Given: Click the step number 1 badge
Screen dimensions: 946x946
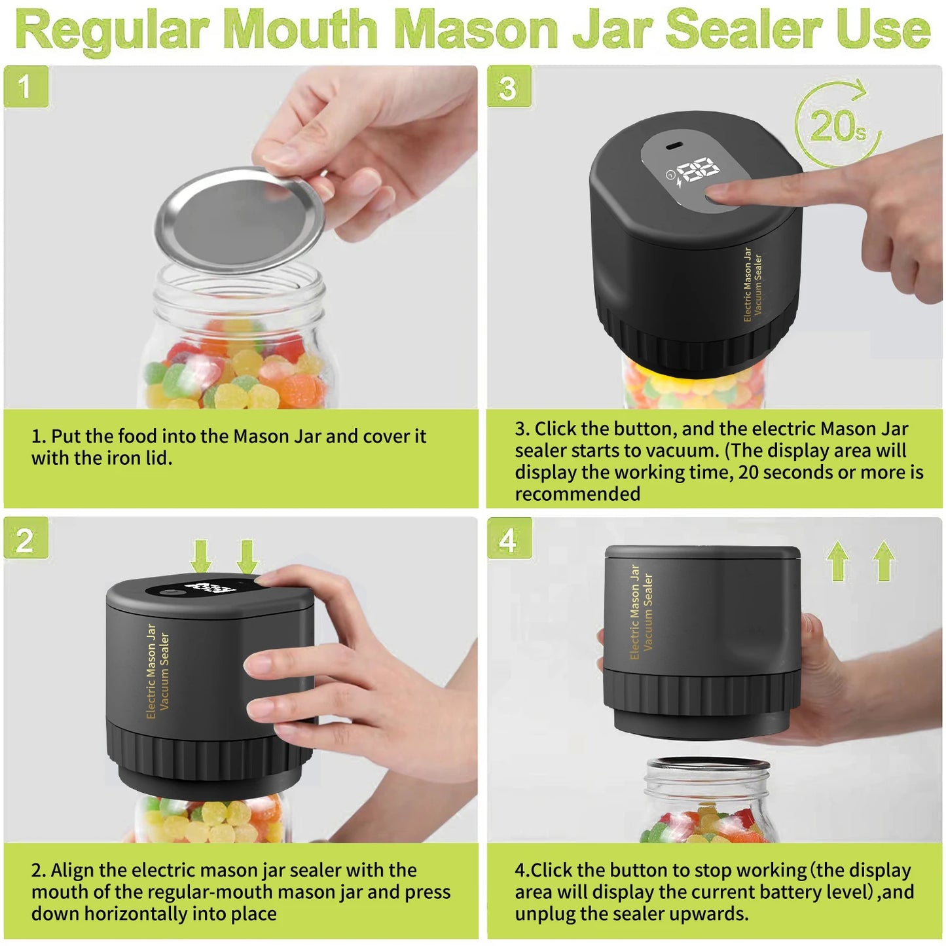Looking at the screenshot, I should pyautogui.click(x=26, y=86).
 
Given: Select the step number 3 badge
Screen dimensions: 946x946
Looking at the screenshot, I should pyautogui.click(x=509, y=86).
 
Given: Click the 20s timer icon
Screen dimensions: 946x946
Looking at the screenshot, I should pyautogui.click(x=837, y=124).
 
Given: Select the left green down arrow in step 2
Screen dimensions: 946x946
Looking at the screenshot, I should pyautogui.click(x=201, y=556).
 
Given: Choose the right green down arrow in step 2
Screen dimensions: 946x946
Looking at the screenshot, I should pyautogui.click(x=247, y=556).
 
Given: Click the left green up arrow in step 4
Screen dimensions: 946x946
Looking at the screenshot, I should pyautogui.click(x=838, y=561).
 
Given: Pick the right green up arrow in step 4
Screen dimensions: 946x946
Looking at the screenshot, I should pyautogui.click(x=884, y=561).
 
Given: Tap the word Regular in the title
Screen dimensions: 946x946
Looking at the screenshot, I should pyautogui.click(x=111, y=30).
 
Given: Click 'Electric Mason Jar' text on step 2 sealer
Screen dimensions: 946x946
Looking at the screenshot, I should pyautogui.click(x=151, y=671).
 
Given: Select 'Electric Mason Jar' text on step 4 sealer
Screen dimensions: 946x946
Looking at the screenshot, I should pyautogui.click(x=634, y=611).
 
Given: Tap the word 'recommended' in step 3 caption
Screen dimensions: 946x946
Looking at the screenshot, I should pyautogui.click(x=577, y=494).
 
